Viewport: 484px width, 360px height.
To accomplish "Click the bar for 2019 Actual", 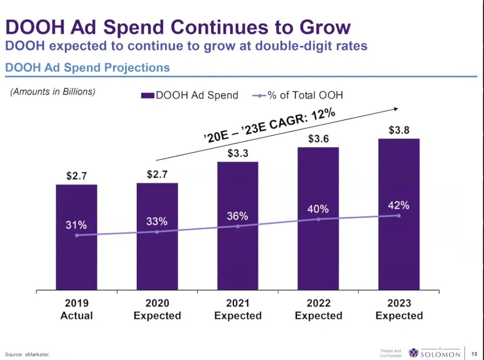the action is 77,237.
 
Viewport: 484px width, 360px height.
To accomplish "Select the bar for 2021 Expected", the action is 238,226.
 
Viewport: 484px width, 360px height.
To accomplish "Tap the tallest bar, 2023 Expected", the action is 399,214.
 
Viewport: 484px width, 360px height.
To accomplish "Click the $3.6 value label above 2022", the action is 318,139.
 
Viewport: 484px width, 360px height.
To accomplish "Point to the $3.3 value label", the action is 238,153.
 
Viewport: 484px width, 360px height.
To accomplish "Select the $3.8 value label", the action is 399,130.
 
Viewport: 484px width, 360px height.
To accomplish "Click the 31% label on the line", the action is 76,225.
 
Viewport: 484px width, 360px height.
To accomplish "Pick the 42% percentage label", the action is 399,205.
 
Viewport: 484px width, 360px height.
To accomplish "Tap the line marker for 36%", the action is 238,226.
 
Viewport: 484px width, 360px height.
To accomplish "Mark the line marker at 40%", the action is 318,219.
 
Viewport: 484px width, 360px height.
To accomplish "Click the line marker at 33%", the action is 157,231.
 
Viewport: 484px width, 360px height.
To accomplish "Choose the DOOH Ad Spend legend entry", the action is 190,95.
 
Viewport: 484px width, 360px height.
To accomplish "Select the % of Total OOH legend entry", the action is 298,95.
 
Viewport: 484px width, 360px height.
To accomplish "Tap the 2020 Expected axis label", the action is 157,310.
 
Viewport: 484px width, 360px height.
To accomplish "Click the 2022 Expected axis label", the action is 318,310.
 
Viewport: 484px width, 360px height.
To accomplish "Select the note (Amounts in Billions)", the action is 53,92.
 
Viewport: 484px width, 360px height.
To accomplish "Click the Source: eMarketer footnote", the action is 27,354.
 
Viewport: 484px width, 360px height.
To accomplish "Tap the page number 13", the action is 474,353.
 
